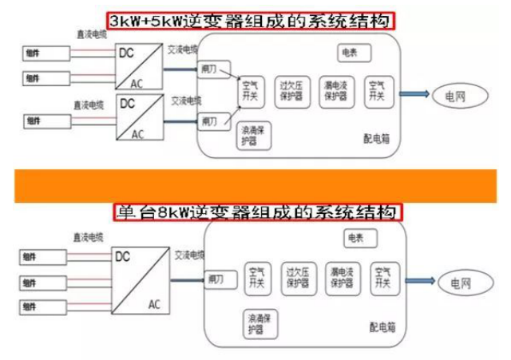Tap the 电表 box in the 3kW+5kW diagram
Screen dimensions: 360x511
pos(350,53)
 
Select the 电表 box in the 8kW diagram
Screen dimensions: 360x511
pos(355,238)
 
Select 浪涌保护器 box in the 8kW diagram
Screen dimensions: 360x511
pos(259,323)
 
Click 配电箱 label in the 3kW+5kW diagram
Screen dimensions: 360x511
pos(377,139)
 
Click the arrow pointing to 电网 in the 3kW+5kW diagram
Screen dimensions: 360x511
pos(413,93)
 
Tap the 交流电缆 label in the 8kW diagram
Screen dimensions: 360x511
pos(189,254)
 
